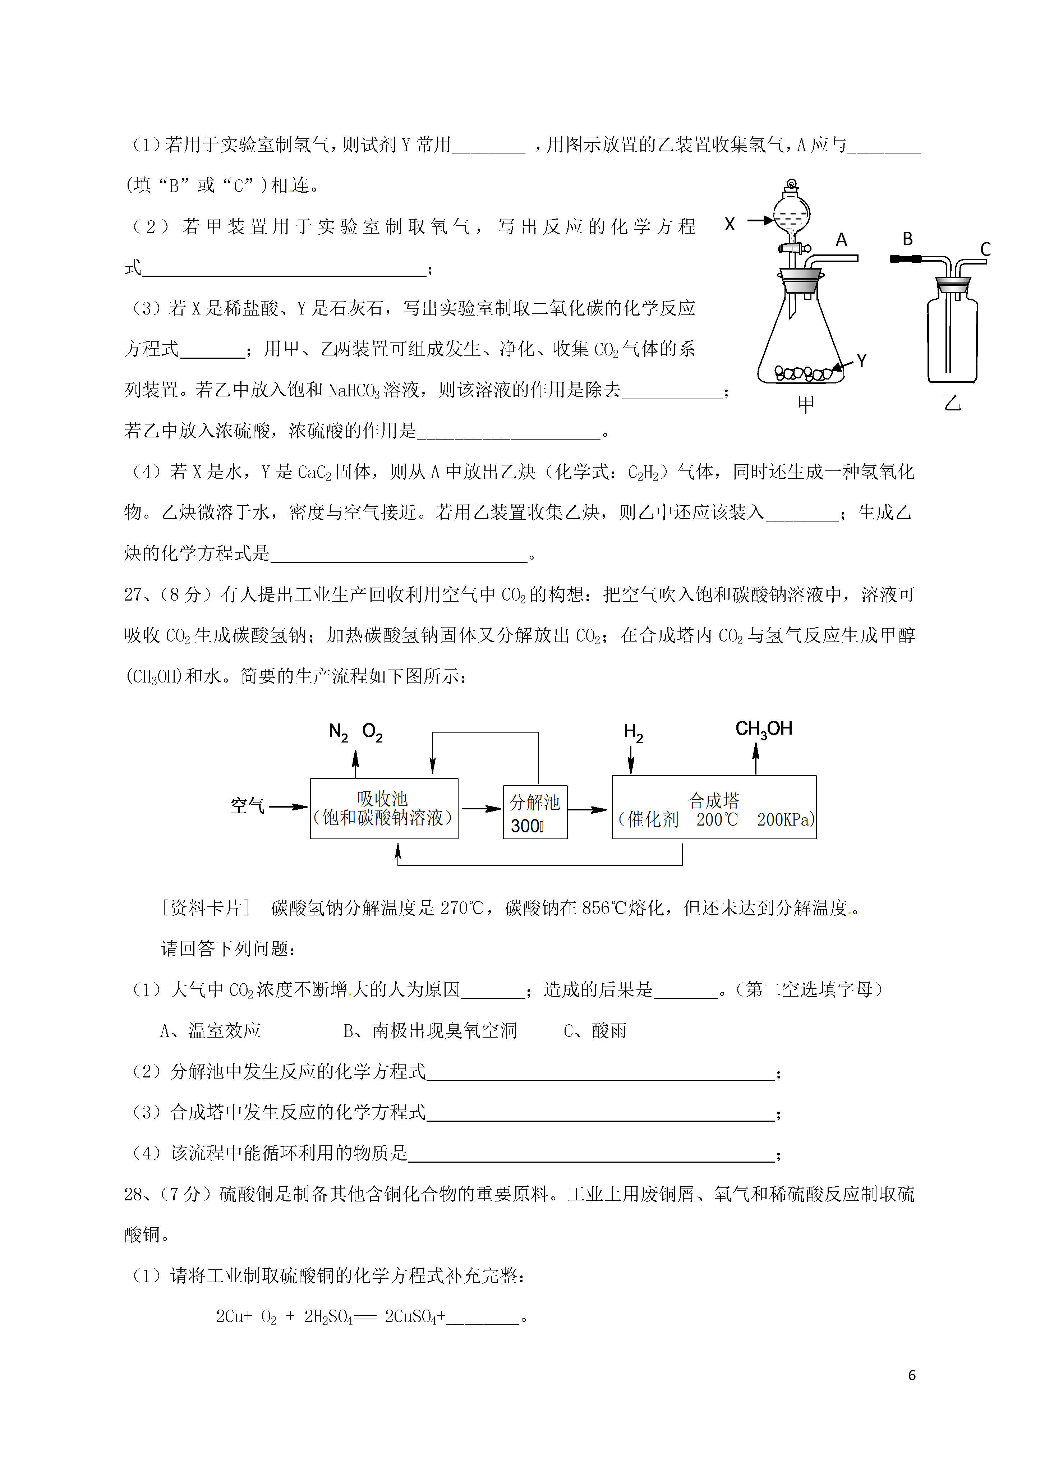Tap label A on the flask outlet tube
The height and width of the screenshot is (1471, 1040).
tap(841, 240)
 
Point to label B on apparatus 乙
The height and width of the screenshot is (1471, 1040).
tap(907, 239)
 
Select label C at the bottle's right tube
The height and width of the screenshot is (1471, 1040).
tap(985, 249)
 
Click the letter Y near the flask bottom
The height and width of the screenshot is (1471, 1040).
tap(862, 361)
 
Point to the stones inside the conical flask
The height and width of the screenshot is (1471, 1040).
tap(802, 373)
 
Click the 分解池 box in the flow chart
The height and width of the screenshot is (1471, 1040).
tap(535, 812)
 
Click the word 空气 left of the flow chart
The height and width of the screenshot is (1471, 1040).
tap(247, 806)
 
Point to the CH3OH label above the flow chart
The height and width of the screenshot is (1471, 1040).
tap(764, 729)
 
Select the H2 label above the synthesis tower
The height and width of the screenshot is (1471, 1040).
tap(633, 732)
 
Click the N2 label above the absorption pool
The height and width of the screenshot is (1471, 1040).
tap(338, 732)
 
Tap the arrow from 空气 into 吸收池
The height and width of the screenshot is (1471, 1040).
tap(288, 806)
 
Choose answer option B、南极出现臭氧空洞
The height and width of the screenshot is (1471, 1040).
tap(430, 1031)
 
